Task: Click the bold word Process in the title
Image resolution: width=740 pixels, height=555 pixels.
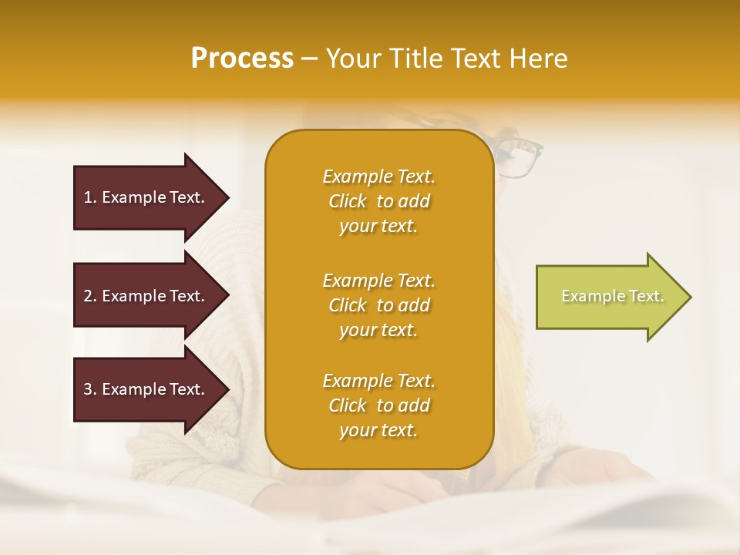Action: click(242, 59)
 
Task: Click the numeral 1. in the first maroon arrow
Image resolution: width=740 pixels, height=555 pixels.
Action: click(89, 197)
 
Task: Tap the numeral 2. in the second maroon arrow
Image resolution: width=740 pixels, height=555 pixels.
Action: click(89, 296)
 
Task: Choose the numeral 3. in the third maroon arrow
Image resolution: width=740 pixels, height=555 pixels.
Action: click(89, 389)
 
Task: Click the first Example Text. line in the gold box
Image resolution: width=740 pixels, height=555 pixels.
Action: click(378, 177)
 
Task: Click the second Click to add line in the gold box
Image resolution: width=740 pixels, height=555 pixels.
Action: click(378, 305)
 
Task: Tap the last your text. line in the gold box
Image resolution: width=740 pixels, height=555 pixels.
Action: click(378, 431)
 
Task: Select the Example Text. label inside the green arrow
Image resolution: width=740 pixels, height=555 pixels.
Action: click(612, 296)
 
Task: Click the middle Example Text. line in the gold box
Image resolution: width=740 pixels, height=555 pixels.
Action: click(378, 280)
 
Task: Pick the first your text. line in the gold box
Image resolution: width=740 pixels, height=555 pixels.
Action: click(378, 227)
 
